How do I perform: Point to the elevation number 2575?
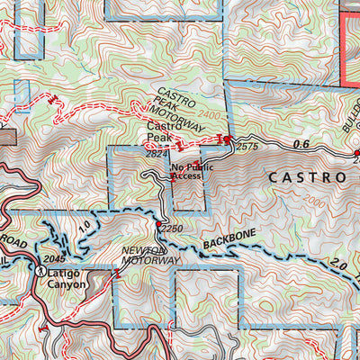pyautogui.click(x=247, y=146)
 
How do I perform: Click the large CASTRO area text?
pyautogui.click(x=307, y=178)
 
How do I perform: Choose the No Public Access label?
pyautogui.click(x=183, y=172)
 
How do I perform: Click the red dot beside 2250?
pyautogui.click(x=157, y=224)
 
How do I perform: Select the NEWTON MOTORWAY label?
pyautogui.click(x=152, y=255)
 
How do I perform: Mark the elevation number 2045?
pyautogui.click(x=55, y=260)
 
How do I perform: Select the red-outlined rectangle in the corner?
pyautogui.click(x=350, y=40)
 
